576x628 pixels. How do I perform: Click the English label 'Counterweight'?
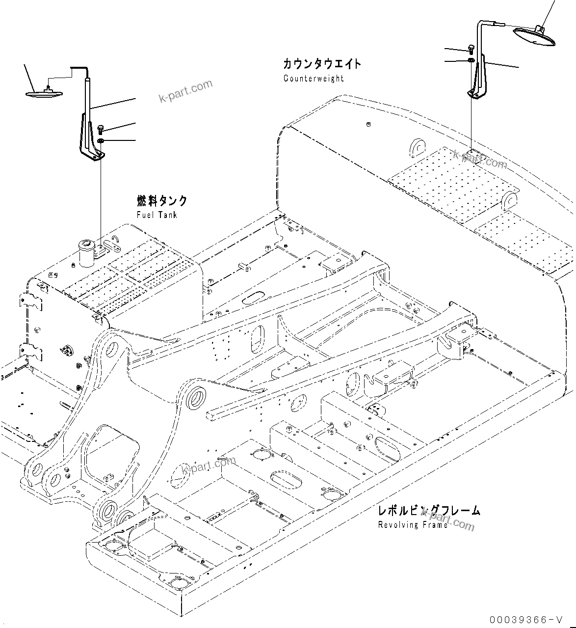pyautogui.click(x=314, y=79)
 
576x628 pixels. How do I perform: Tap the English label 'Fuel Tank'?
pyautogui.click(x=157, y=215)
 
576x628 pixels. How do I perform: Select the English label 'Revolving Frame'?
pyautogui.click(x=413, y=525)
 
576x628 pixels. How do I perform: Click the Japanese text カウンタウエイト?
pyautogui.click(x=322, y=64)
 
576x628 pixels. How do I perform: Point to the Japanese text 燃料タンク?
pyautogui.click(x=162, y=201)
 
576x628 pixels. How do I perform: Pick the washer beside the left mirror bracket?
pyautogui.click(x=101, y=141)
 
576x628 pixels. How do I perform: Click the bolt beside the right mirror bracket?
pyautogui.click(x=471, y=48)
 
